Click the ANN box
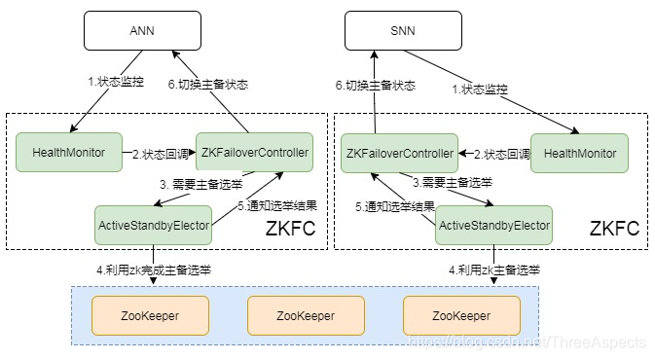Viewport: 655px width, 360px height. pyautogui.click(x=142, y=31)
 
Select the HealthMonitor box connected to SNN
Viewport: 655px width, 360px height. pyautogui.click(x=579, y=153)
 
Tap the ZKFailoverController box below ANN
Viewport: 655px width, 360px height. pyautogui.click(x=254, y=153)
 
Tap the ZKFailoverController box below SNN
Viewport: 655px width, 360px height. pyautogui.click(x=399, y=153)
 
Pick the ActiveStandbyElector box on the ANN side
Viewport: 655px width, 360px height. pyautogui.click(x=154, y=225)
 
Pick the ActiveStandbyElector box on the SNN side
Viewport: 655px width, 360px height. pyautogui.click(x=493, y=225)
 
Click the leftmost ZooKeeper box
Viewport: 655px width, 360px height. pyautogui.click(x=150, y=315)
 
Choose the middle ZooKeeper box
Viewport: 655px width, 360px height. pyautogui.click(x=305, y=315)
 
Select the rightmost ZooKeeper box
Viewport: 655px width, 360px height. pyautogui.click(x=461, y=315)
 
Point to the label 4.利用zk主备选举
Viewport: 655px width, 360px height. pyautogui.click(x=493, y=269)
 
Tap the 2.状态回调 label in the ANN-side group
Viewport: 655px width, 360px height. pyautogui.click(x=161, y=154)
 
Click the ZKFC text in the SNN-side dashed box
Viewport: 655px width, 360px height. pyautogui.click(x=613, y=230)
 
